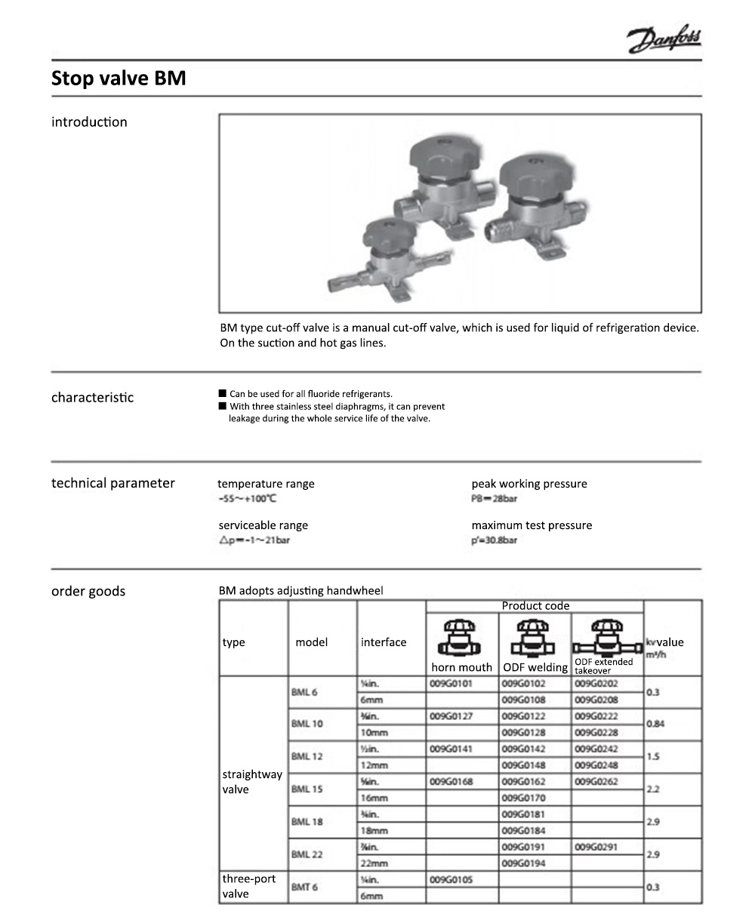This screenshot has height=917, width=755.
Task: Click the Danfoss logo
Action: coord(664,40)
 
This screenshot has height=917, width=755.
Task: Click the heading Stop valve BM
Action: coord(119,78)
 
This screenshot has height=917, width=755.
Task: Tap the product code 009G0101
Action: coord(451,684)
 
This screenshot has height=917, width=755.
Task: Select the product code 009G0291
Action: coord(596,847)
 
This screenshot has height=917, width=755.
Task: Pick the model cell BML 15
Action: coord(307,789)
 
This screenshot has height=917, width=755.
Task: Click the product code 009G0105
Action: coord(451,879)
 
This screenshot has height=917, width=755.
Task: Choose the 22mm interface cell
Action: coord(374,863)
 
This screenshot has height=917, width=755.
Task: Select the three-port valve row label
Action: coord(249,887)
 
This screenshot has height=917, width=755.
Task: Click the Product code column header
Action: coord(535,606)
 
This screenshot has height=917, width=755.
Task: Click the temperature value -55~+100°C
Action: coord(247,499)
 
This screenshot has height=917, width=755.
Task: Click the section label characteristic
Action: coord(92,398)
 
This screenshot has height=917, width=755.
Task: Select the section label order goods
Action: coord(88,592)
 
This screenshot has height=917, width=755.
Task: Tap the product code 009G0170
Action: coord(523,798)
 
